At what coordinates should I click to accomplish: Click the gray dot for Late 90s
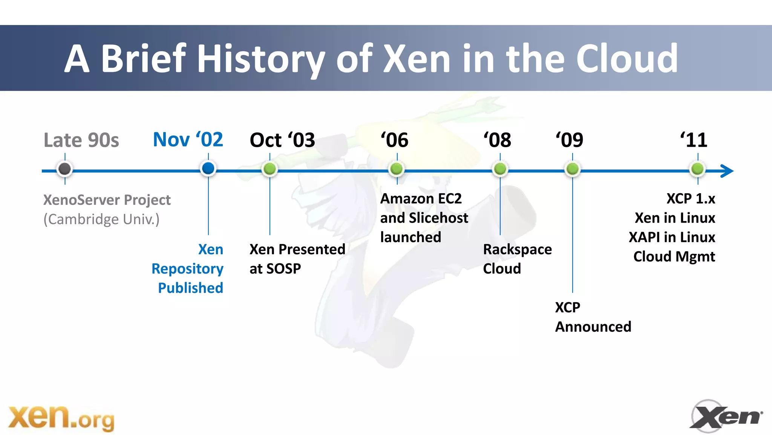pyautogui.click(x=65, y=169)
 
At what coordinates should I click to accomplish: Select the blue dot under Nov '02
pyautogui.click(x=208, y=168)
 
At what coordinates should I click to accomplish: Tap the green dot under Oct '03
pyautogui.click(x=270, y=169)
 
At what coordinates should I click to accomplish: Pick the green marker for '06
pyautogui.click(x=396, y=169)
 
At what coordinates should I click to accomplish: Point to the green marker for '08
pyautogui.click(x=500, y=169)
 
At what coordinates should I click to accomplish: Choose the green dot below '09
pyautogui.click(x=572, y=169)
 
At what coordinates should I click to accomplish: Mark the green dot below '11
pyautogui.click(x=697, y=169)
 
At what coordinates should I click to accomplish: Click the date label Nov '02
pyautogui.click(x=188, y=140)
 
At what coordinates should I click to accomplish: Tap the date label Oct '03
pyautogui.click(x=282, y=140)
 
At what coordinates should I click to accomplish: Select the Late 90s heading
pyautogui.click(x=81, y=140)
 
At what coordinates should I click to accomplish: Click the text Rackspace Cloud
pyautogui.click(x=517, y=259)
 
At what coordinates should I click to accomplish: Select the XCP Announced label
pyautogui.click(x=593, y=317)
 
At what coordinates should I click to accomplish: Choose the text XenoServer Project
pyautogui.click(x=107, y=200)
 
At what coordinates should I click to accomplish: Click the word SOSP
pyautogui.click(x=283, y=269)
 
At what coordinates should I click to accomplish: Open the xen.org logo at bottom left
pyautogui.click(x=61, y=418)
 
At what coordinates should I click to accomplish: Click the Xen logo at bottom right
pyautogui.click(x=726, y=416)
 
